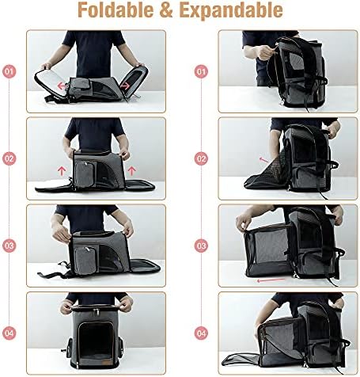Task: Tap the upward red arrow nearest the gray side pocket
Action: point(63,169)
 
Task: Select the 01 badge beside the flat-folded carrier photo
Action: point(9,70)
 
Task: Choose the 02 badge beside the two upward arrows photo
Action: point(9,158)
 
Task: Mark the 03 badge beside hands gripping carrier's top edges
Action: point(9,246)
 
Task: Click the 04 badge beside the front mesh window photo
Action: point(9,333)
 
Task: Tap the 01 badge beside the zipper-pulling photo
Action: point(202,70)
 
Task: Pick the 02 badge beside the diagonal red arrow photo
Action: point(202,158)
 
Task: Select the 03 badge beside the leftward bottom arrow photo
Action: point(202,246)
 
